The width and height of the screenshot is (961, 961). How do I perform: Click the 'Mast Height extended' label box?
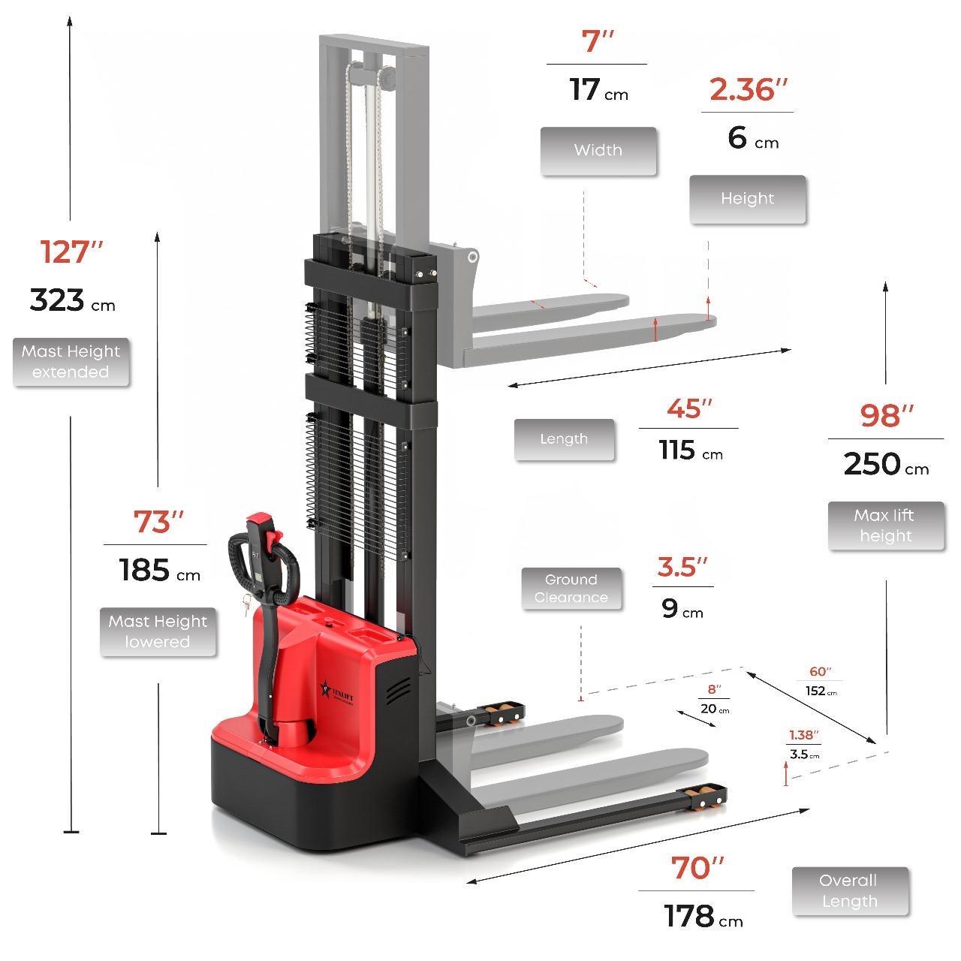(71, 362)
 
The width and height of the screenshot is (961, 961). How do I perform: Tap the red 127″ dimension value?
(72, 252)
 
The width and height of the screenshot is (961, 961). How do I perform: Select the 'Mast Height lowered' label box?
(158, 632)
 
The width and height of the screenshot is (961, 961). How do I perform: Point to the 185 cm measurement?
(160, 570)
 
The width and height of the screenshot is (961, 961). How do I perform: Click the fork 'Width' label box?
(598, 151)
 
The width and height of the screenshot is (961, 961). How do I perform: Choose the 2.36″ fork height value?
(748, 90)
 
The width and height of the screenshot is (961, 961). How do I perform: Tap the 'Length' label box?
(564, 439)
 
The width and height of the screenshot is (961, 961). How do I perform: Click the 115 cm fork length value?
(691, 450)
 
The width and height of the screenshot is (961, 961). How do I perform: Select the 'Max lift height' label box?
(886, 526)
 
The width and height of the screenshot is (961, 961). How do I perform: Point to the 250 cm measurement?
(886, 464)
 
